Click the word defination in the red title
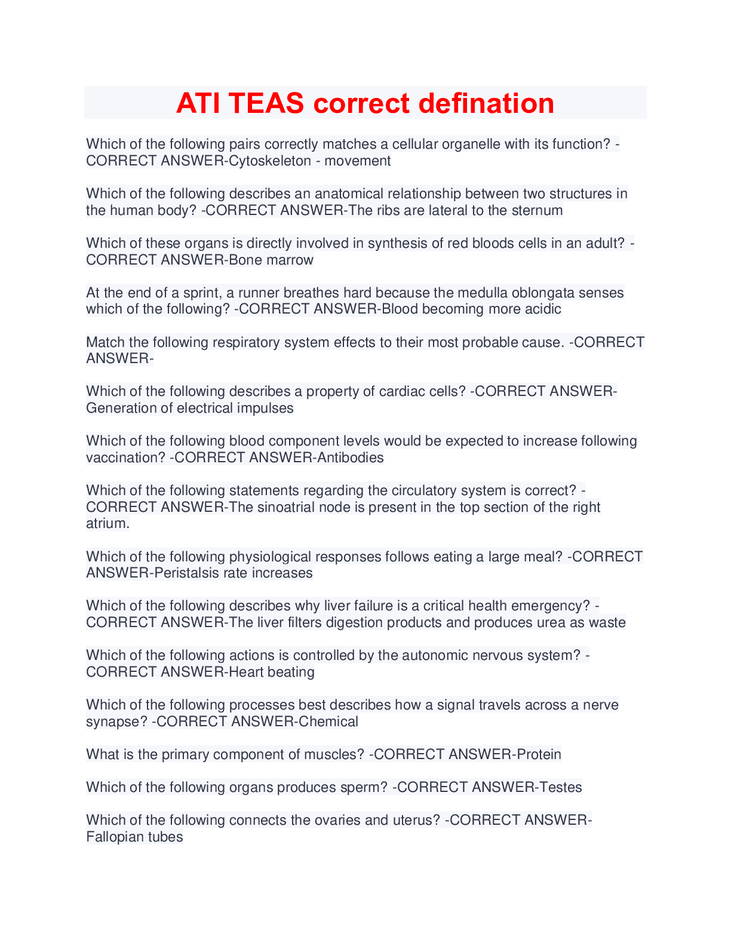point(486,103)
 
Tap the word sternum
point(537,210)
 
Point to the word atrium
point(107,523)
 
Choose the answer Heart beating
point(272,672)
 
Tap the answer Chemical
point(328,721)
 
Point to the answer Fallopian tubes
point(134,837)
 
